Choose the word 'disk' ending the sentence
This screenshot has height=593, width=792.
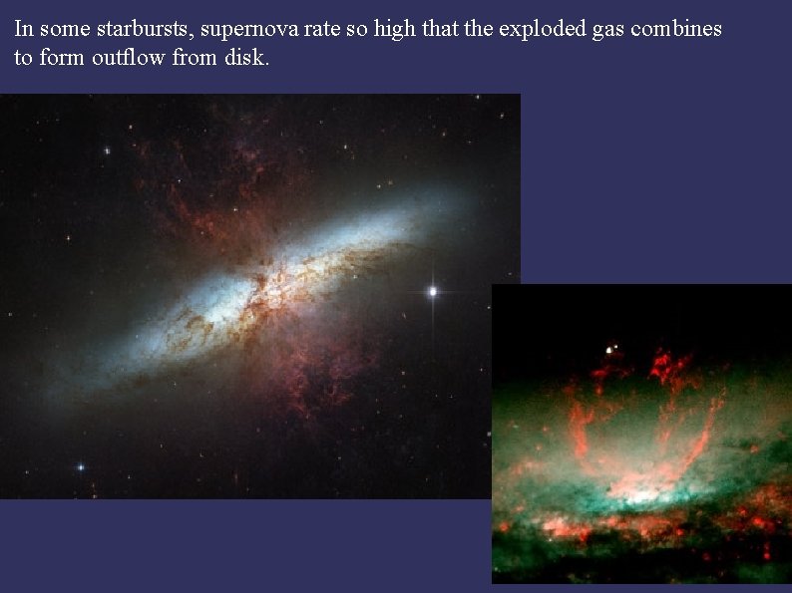point(247,58)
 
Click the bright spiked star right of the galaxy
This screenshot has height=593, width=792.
point(433,291)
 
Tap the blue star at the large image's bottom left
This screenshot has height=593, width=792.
point(81,466)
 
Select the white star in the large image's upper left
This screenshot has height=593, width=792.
point(106,150)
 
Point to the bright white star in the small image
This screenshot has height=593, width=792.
point(608,350)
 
